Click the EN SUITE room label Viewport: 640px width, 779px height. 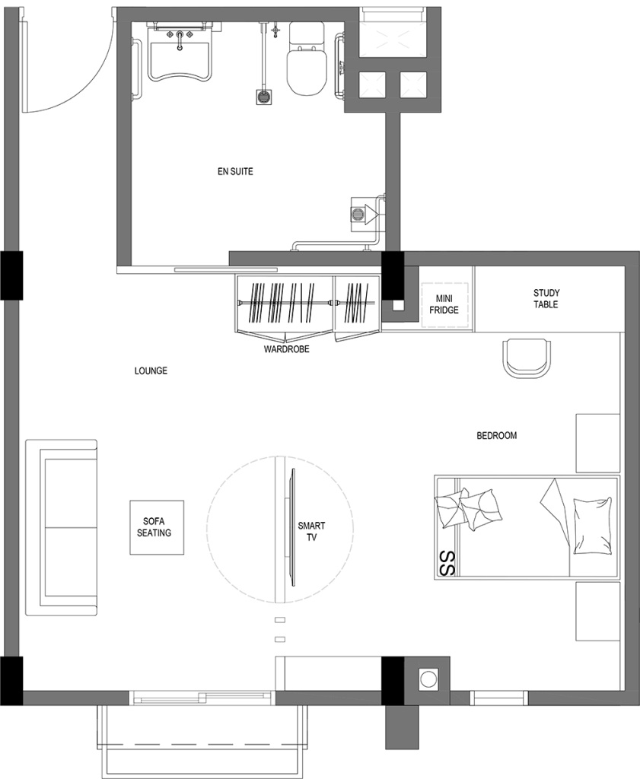(235, 171)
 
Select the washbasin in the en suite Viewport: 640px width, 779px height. (180, 52)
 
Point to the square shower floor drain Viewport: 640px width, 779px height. (263, 97)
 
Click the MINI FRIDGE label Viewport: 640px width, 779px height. (444, 304)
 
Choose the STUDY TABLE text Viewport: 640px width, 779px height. (546, 298)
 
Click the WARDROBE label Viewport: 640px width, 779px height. (287, 349)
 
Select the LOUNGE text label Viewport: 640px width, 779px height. (151, 370)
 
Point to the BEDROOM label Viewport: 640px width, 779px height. (497, 436)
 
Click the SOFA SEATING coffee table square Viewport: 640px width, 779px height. (157, 527)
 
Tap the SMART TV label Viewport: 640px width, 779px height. (311, 531)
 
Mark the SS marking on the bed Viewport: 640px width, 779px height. (448, 563)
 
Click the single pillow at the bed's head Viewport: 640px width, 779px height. (592, 525)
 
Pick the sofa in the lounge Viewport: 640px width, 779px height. (61, 528)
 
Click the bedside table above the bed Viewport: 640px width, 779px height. (597, 443)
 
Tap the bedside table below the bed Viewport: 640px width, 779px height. (597, 612)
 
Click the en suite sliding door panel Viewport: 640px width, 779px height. (226, 270)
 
